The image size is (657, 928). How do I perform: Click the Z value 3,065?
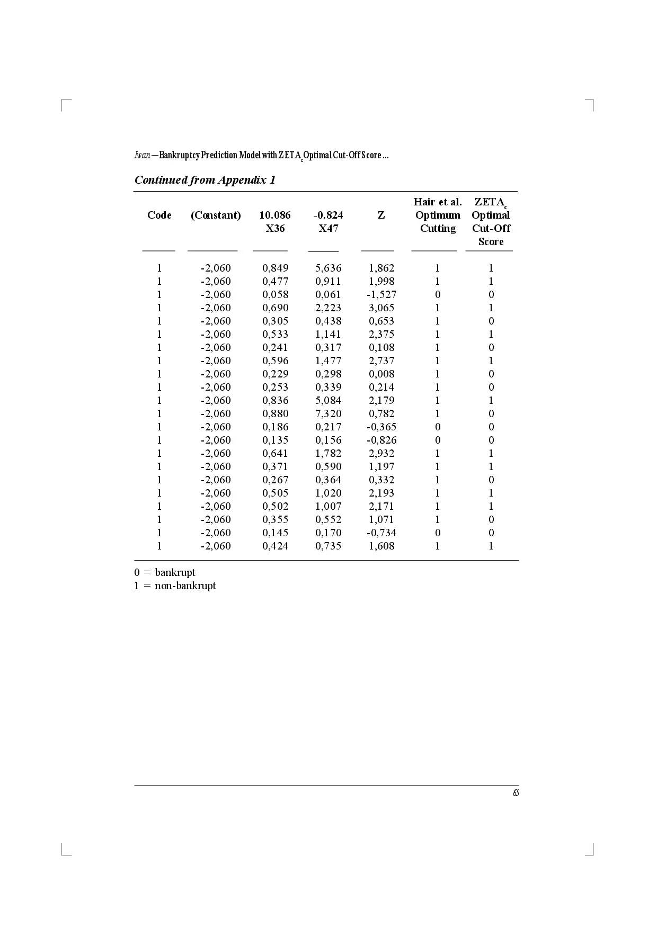[x=381, y=308]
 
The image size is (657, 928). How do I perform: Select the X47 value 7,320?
[x=328, y=414]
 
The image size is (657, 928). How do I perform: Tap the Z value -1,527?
[x=381, y=295]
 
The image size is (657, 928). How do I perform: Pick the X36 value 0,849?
[x=276, y=268]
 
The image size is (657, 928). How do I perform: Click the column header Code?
[x=159, y=215]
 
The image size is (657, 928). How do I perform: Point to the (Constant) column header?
[x=216, y=215]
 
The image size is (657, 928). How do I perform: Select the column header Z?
[x=381, y=215]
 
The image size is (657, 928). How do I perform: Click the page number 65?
[x=516, y=793]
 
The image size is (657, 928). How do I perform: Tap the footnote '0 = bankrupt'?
[x=165, y=573]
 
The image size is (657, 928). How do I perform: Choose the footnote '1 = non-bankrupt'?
[x=175, y=586]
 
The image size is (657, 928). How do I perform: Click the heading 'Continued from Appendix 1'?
[x=205, y=180]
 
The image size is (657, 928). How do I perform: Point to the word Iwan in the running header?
[x=142, y=156]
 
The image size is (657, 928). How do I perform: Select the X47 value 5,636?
[x=328, y=268]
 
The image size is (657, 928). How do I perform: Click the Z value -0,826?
[x=381, y=440]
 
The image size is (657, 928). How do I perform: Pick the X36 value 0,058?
[x=276, y=295]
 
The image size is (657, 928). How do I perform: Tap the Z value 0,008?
[x=381, y=374]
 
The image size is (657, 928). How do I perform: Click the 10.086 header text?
[x=275, y=215]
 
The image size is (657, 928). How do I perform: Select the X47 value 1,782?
[x=328, y=454]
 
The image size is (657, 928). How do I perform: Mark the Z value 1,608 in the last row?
[x=381, y=546]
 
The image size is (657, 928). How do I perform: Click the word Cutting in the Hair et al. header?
[x=438, y=229]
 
